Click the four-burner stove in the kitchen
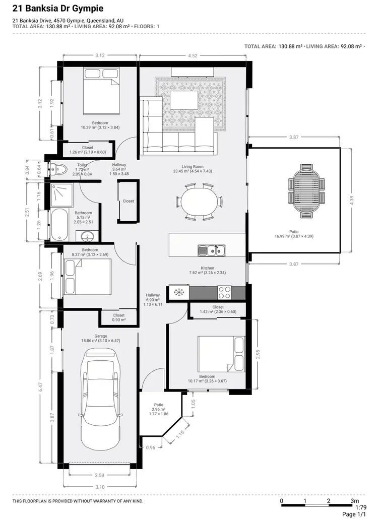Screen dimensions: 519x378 click(x=224, y=292)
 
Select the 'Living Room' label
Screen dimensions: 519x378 click(x=192, y=167)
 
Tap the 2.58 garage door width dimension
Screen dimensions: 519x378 click(x=100, y=475)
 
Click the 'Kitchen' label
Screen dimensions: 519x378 click(x=208, y=268)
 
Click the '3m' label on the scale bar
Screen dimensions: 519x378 click(x=355, y=501)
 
